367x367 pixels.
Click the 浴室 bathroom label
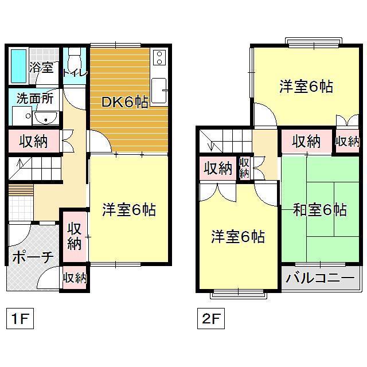41,67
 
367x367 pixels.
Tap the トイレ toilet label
75,73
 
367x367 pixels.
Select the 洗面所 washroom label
34,98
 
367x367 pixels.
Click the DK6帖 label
125,103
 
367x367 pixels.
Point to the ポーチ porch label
33,257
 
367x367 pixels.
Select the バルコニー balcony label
319,279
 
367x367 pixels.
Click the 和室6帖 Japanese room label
319,210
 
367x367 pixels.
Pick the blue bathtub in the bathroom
19,67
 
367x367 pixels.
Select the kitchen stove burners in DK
159,57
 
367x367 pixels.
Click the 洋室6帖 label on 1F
129,210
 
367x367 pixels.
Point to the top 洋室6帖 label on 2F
306,87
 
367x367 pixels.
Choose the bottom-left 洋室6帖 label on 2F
237,236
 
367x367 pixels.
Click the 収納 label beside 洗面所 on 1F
33,140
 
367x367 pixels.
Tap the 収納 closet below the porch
75,278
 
